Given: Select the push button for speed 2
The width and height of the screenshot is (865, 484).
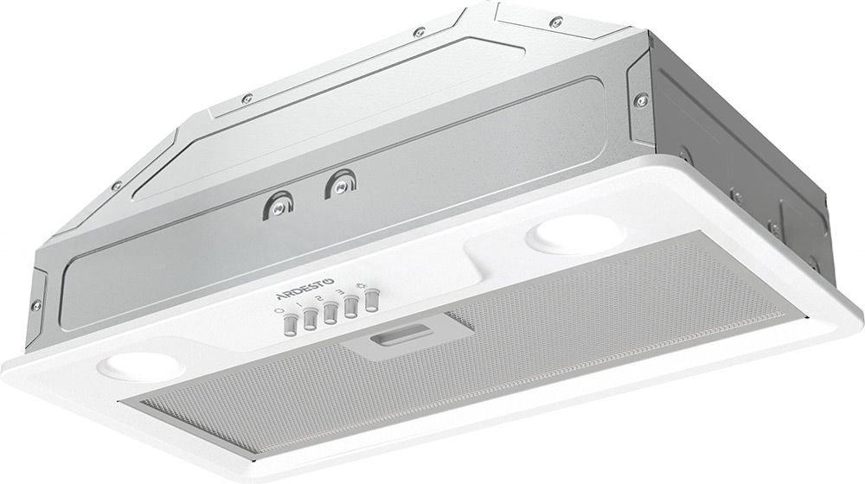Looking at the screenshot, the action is (330, 314).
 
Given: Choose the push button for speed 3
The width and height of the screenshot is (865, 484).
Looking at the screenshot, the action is (350, 308).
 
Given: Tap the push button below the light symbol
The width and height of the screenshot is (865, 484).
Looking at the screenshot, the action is (371, 302).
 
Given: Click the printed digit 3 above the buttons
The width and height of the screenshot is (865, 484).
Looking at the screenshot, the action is (341, 293).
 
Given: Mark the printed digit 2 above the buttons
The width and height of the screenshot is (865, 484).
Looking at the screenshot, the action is (319, 298).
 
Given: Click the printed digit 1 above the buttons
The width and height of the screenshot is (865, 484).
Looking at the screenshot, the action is (299, 305).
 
